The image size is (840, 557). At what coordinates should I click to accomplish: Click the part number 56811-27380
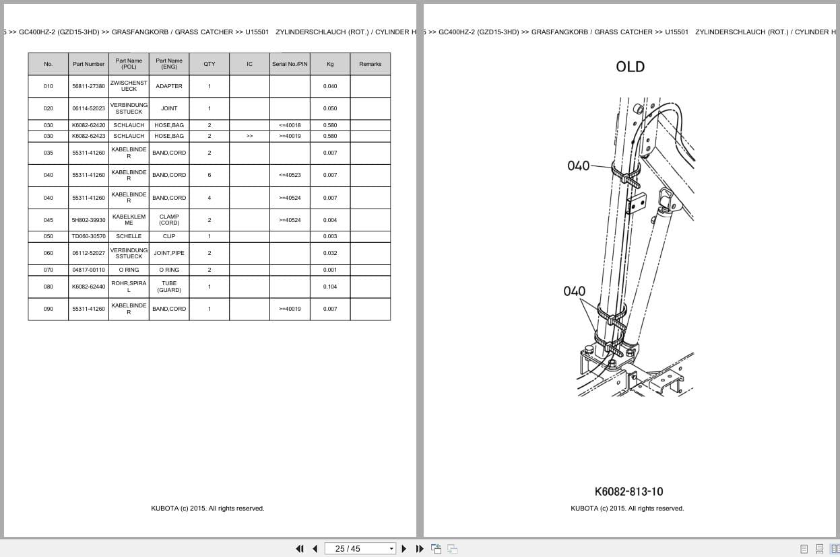(x=88, y=86)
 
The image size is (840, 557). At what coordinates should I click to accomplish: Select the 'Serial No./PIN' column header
(x=290, y=64)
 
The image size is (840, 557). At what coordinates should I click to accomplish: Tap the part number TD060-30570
(x=88, y=236)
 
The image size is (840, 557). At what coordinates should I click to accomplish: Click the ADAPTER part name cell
(x=169, y=86)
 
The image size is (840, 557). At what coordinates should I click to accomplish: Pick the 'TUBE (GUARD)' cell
(x=169, y=287)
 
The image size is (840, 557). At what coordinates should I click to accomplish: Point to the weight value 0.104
(x=330, y=287)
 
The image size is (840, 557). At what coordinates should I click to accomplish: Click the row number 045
(x=49, y=220)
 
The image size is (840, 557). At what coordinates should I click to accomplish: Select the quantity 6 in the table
(x=209, y=175)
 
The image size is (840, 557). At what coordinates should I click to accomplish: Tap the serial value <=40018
(x=290, y=125)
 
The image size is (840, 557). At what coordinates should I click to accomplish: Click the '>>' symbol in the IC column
(x=249, y=136)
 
